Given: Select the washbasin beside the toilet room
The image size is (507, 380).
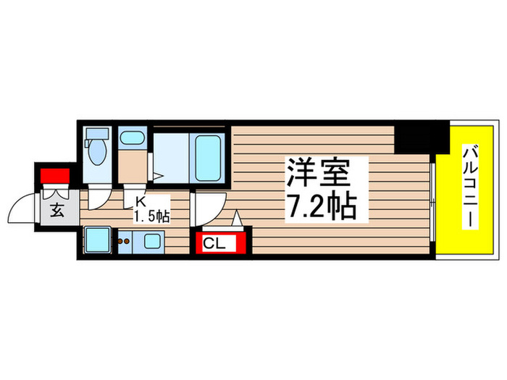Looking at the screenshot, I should tap(133, 139).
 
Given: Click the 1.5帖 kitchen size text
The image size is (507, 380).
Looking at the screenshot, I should tap(151, 216).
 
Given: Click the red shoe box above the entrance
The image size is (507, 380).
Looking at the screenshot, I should tap(55, 176).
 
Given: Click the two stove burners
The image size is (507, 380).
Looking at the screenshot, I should tap(123, 242).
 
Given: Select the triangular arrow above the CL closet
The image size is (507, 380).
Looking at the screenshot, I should tap(237, 218).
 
